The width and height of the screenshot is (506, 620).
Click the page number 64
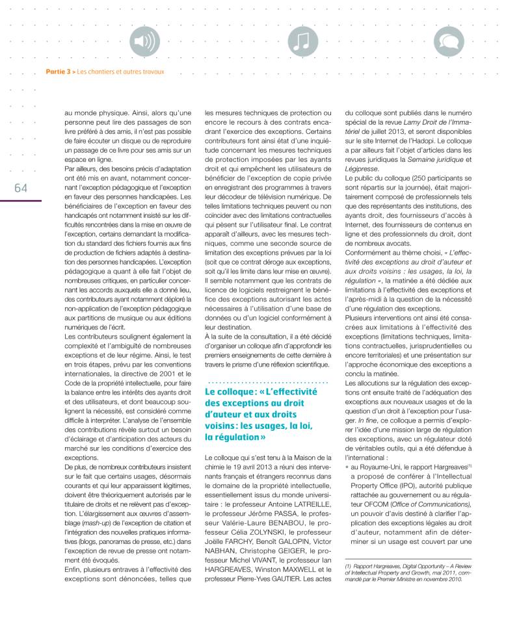pos(20,187)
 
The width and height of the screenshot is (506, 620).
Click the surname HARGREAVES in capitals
pos(231,565)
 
